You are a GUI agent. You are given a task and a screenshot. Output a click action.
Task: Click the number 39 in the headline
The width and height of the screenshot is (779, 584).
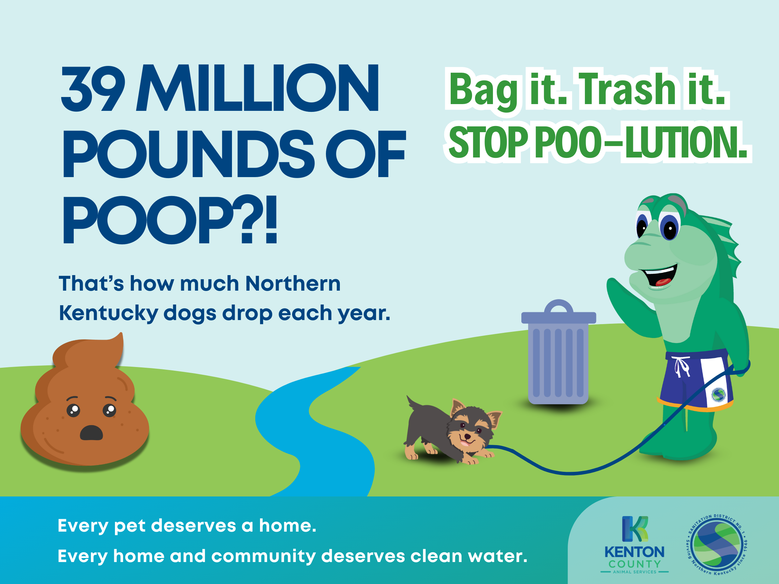pos(93,88)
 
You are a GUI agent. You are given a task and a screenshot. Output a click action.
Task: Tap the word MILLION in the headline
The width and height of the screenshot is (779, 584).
pos(257,88)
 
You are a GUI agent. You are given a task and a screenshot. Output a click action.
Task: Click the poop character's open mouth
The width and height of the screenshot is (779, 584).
pos(91,433)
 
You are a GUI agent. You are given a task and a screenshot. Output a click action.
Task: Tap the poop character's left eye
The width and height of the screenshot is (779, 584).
pos(73,410)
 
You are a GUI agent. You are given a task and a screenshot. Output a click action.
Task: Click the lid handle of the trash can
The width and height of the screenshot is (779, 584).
pos(559,306)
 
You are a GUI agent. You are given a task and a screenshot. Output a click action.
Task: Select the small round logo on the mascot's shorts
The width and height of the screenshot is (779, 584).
pos(719,395)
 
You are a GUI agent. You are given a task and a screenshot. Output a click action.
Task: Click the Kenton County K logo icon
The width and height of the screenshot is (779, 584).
pos(635,529)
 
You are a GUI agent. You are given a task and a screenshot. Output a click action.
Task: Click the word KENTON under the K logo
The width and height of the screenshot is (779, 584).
pos(635,552)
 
